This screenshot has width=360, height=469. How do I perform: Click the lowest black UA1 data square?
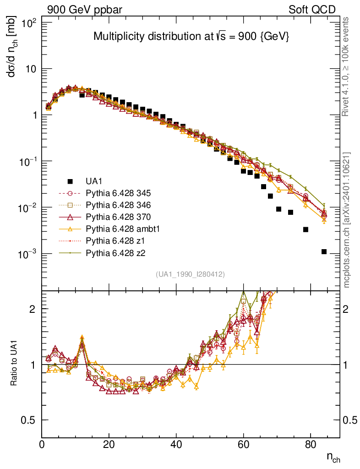coord(324,251)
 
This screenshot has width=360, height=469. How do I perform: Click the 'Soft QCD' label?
coord(312,10)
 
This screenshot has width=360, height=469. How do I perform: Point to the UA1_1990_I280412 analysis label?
coord(190,274)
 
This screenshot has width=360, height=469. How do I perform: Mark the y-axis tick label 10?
coord(32,69)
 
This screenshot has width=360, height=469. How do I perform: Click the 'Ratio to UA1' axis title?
coord(13,364)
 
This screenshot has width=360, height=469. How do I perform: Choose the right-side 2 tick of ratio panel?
coord(349,309)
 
